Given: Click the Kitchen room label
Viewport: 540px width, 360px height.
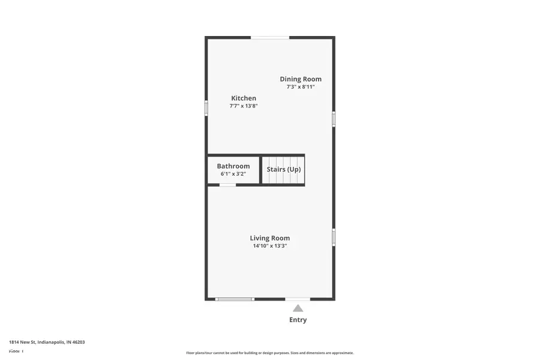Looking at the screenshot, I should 244,98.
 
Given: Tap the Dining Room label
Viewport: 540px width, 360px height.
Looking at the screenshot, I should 301,79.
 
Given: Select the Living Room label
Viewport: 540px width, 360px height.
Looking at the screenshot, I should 270,238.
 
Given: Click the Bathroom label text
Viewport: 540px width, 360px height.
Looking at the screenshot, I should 233,166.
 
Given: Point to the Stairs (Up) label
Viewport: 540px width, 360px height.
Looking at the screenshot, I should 284,169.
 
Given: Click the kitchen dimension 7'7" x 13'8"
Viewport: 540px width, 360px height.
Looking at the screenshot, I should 244,106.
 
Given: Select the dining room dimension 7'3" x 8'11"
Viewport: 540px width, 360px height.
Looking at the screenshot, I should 301,87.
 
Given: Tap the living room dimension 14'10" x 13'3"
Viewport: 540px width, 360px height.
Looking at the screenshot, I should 270,246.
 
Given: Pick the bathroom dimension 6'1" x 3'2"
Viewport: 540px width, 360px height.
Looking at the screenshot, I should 233,174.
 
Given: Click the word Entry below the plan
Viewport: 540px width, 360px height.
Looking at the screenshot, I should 298,320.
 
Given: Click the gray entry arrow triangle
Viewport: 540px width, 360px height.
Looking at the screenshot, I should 298,308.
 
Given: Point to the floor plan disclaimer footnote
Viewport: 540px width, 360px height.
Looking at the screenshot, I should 269,353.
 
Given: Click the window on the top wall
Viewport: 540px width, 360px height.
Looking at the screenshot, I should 270,38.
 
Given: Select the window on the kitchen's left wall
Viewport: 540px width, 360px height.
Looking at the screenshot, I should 206,108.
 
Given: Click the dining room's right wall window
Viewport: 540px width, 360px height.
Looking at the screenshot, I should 334,119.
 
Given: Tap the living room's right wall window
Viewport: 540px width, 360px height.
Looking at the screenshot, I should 334,237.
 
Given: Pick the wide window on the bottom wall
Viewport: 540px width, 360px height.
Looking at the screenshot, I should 235,298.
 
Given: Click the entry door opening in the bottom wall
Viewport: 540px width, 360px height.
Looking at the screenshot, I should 298,298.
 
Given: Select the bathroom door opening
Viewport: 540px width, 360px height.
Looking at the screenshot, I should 227,185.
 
